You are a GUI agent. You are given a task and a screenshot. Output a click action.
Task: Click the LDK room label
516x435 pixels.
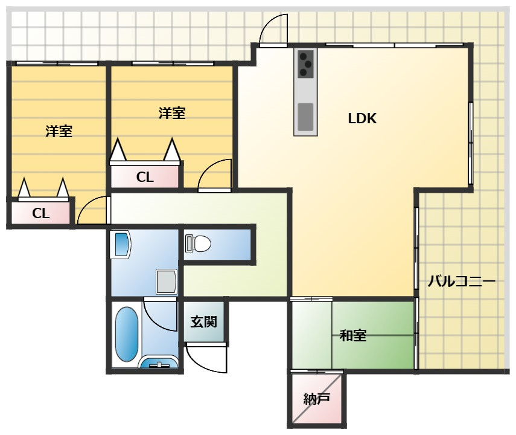pyautogui.click(x=362, y=118)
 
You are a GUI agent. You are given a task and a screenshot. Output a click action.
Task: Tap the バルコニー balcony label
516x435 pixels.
pyautogui.click(x=461, y=282)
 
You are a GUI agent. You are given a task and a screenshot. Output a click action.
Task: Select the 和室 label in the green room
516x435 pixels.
pyautogui.click(x=353, y=335)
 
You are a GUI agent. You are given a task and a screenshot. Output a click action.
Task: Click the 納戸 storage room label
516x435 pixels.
pyautogui.click(x=316, y=399)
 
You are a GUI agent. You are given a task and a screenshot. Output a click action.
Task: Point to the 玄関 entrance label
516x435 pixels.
pyautogui.click(x=204, y=321)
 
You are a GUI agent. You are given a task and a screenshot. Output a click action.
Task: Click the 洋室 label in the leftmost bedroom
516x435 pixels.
pyautogui.click(x=59, y=131)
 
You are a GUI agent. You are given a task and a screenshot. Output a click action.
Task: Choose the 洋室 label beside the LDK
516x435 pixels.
pyautogui.click(x=172, y=113)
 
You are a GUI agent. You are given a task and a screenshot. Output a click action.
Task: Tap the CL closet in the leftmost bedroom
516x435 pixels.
pyautogui.click(x=41, y=213)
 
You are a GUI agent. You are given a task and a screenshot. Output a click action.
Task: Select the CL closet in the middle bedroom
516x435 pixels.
pyautogui.click(x=145, y=177)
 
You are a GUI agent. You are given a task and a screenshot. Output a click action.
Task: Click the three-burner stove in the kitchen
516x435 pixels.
pyautogui.click(x=306, y=63)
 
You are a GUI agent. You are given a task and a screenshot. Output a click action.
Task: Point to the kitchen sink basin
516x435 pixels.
pyautogui.click(x=305, y=117)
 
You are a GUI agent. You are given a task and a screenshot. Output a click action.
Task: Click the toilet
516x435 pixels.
pyautogui.click(x=198, y=244)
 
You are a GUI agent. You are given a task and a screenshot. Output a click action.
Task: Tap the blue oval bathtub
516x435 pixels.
pyautogui.click(x=127, y=335)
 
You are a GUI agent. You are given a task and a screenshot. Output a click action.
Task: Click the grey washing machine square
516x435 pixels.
pyautogui.click(x=167, y=282)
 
